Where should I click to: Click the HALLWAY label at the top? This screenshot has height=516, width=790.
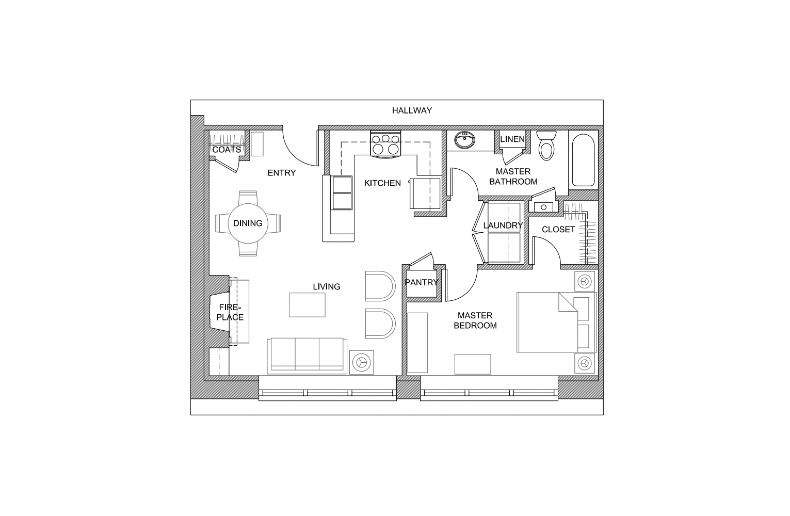(x=411, y=110)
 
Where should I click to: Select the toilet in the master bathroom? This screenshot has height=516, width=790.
(x=546, y=145)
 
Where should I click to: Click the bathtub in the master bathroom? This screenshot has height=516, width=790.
(x=583, y=160)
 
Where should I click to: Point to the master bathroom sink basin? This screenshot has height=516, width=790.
(x=465, y=140)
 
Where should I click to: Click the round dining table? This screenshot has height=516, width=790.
(x=248, y=223)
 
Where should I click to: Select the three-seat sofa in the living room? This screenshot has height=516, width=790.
(x=307, y=355)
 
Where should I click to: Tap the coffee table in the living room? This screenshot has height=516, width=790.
(x=307, y=304)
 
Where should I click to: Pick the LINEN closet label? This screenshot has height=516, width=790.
(x=512, y=139)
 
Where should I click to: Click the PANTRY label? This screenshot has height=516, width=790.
(x=421, y=282)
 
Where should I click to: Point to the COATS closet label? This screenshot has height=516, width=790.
(x=227, y=150)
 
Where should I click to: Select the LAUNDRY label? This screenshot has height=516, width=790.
(x=503, y=225)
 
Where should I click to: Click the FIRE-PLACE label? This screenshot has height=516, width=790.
(x=230, y=312)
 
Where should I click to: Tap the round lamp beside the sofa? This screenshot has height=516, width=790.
(x=361, y=362)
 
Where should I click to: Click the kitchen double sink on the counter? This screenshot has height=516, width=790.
(x=342, y=192)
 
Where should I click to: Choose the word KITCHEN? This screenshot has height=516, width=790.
(x=382, y=183)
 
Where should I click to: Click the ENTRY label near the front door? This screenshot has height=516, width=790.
(x=282, y=173)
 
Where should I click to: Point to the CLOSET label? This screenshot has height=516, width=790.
(x=558, y=230)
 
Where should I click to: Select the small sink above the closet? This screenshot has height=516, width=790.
(x=543, y=207)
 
